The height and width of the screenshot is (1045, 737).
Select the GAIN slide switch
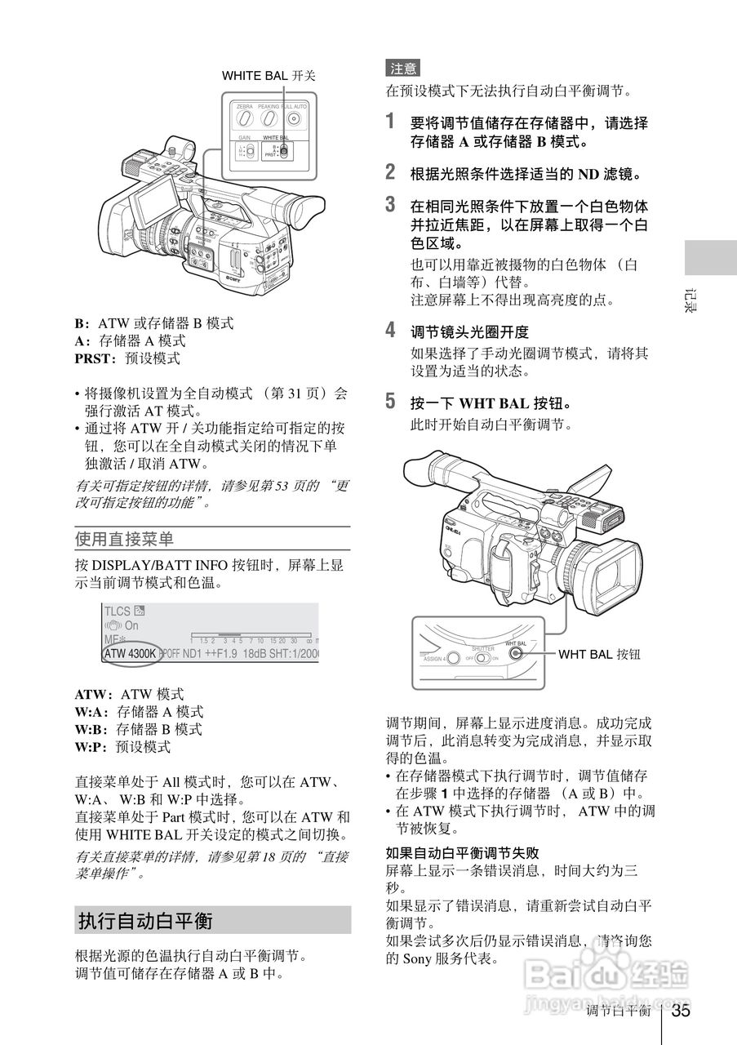point(249,152)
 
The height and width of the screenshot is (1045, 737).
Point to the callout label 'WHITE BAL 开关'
point(269,75)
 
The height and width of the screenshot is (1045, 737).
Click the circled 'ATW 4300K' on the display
point(130,653)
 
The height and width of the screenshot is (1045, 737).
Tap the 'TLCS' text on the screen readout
point(118,611)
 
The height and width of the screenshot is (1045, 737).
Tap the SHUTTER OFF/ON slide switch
point(485,657)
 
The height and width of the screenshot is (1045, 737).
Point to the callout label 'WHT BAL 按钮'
point(599,654)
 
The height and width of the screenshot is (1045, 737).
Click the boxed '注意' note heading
point(402,69)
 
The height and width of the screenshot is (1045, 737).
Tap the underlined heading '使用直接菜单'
point(124,539)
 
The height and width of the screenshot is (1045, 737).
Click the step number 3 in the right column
point(391,205)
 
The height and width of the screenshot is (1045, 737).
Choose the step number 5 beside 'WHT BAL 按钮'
point(391,402)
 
